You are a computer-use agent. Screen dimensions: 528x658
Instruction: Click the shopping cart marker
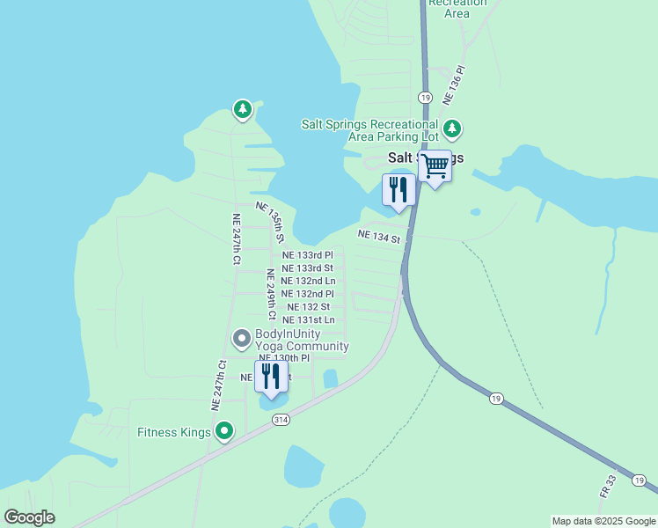(435, 165)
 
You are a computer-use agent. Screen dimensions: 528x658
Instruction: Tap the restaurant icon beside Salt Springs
(398, 189)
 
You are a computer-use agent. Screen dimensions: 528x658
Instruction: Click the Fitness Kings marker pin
(225, 431)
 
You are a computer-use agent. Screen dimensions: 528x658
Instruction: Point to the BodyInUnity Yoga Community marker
(241, 338)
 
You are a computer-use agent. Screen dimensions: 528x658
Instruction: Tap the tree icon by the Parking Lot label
(452, 129)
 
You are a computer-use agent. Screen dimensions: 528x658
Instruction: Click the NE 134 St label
(379, 236)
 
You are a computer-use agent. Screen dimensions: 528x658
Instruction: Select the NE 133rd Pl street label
(307, 254)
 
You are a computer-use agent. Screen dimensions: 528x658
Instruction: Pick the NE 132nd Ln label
(308, 281)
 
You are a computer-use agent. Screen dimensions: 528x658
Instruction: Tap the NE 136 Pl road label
(455, 84)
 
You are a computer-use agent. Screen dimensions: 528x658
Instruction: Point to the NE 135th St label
(271, 222)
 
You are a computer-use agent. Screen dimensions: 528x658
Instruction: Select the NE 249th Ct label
(271, 293)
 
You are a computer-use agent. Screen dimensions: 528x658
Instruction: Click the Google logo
(29, 517)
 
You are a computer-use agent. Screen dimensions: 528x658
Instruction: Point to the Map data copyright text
(603, 521)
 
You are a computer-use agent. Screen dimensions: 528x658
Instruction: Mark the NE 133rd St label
(307, 268)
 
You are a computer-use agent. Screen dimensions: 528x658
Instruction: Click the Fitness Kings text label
(174, 432)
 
